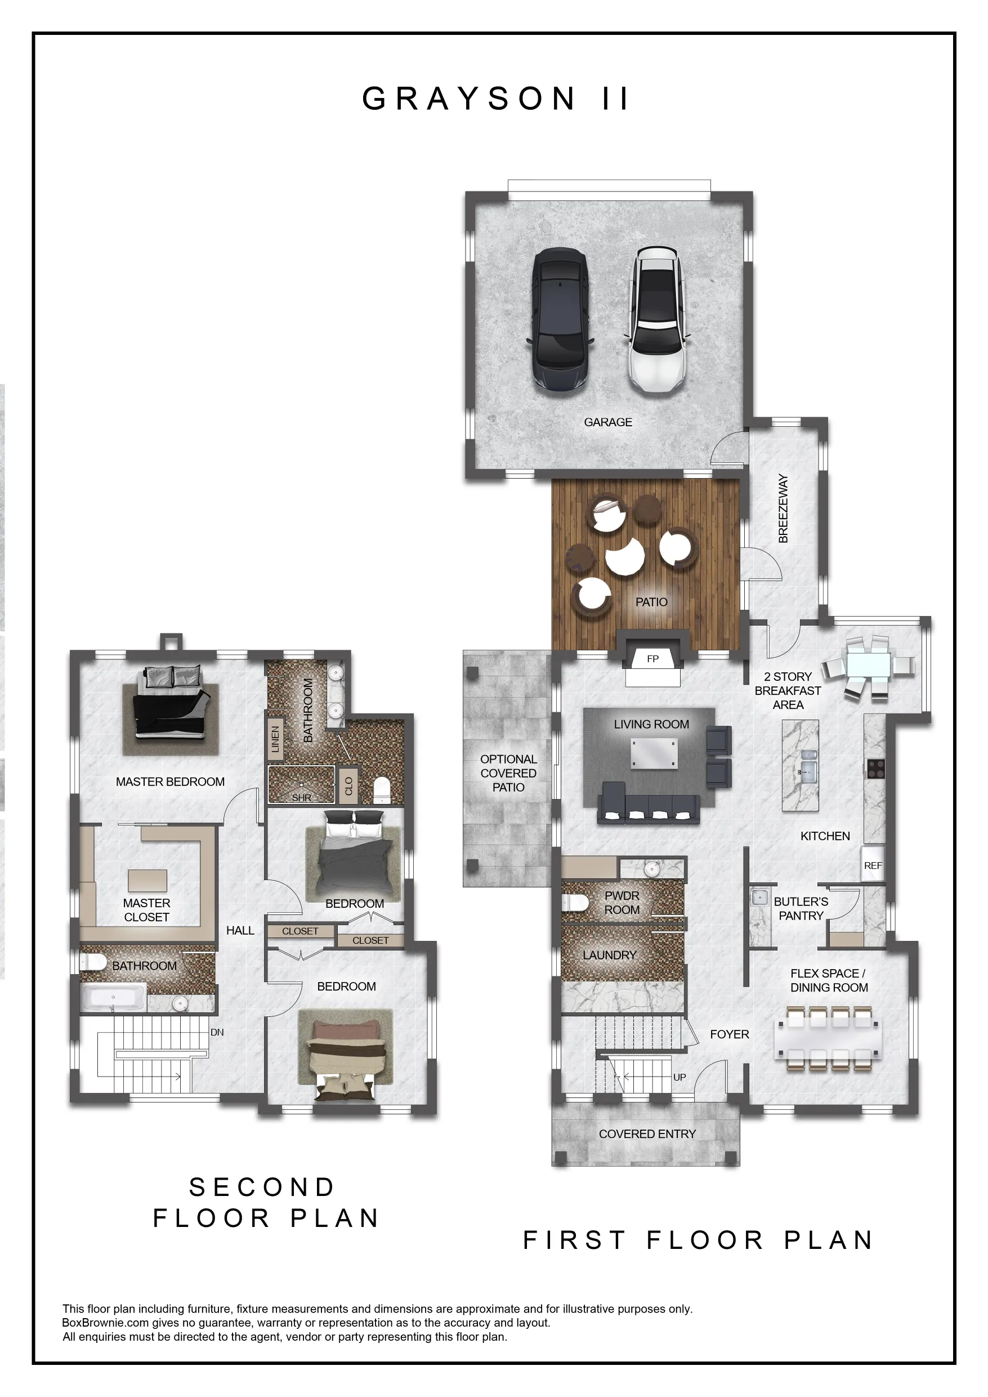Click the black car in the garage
(560, 322)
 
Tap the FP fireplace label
(653, 659)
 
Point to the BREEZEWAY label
(784, 508)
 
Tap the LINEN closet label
(275, 739)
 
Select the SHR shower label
(302, 797)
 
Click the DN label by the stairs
(217, 1032)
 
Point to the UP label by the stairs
(679, 1077)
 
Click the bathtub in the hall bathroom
(114, 997)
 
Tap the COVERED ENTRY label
(647, 1133)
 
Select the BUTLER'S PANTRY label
(801, 908)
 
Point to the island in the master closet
(147, 881)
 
